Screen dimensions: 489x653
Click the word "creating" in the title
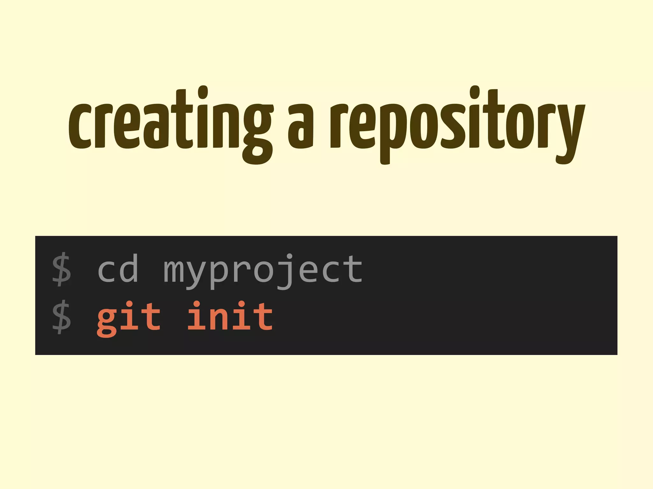point(171,126)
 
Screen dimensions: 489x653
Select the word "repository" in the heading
point(457,126)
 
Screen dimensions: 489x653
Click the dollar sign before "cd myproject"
point(62,269)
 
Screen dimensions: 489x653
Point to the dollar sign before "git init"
point(62,317)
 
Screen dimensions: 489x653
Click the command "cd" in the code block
point(118,269)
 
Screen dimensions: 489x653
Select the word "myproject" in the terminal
point(263,271)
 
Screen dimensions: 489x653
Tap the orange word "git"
point(129,318)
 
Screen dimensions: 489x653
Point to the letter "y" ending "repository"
point(569,134)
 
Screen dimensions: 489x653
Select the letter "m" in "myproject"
point(174,271)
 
